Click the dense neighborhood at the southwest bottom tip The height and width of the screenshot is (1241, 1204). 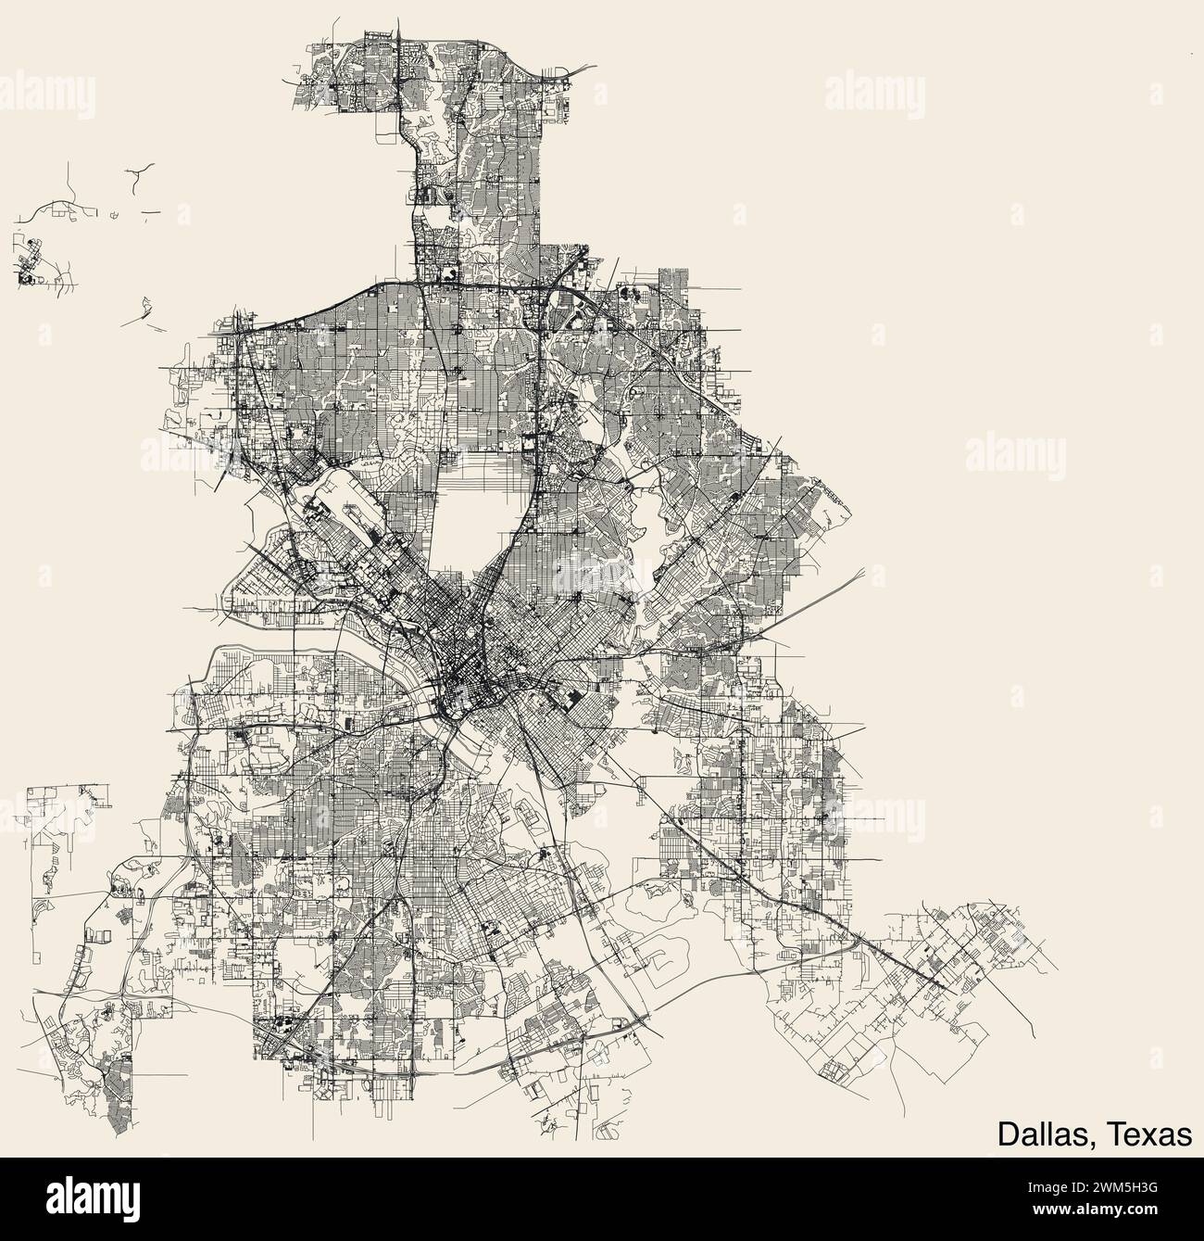[115, 1103]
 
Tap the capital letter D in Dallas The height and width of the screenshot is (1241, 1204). [1007, 1135]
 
